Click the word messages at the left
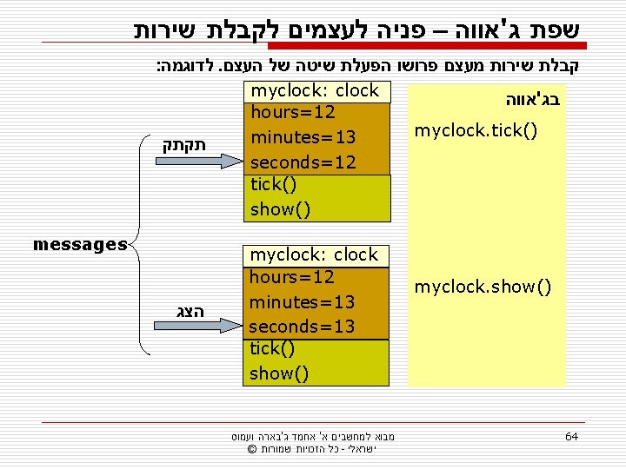tap(80, 245)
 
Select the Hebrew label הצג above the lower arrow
tap(188, 311)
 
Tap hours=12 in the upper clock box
tap(292, 112)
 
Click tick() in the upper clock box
tap(273, 184)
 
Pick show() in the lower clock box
tap(279, 373)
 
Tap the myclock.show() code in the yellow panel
tap(483, 287)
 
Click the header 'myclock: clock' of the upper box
tap(314, 90)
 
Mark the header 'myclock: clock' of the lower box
tap(314, 254)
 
